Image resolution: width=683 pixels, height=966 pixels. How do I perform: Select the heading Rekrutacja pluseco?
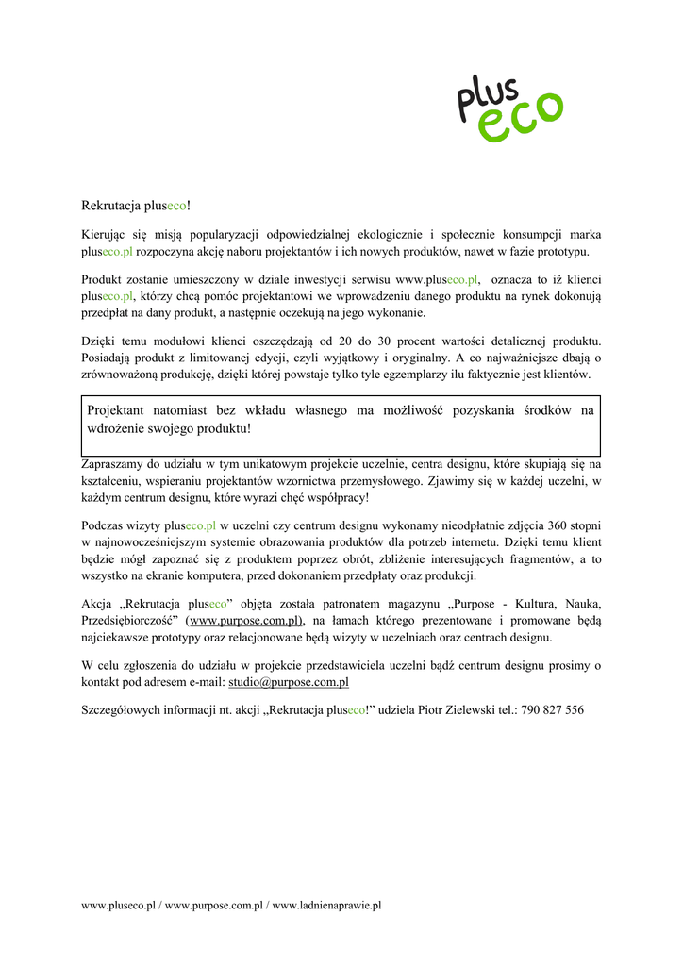pos(136,205)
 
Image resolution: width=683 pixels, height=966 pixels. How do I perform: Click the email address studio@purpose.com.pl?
pos(289,681)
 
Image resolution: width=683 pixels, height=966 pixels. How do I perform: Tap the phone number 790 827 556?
pos(552,709)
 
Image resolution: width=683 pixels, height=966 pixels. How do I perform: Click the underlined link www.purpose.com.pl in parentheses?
pos(245,621)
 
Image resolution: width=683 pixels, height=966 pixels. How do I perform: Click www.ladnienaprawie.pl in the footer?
pos(325,906)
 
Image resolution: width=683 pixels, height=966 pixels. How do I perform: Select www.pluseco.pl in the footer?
pos(118,906)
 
